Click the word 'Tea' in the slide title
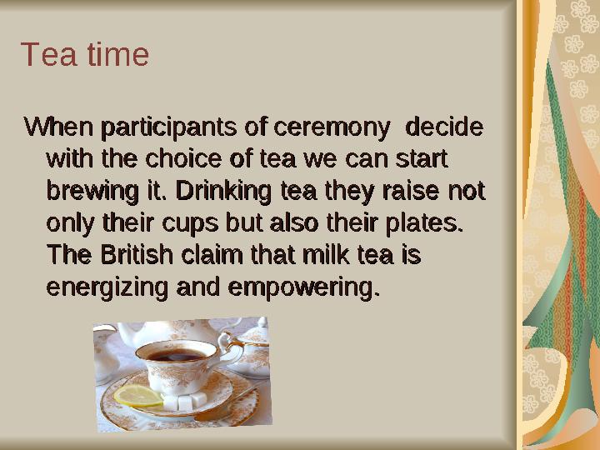tap(42, 55)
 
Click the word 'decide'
tap(442, 127)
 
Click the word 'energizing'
tap(107, 288)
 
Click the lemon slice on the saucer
tap(138, 396)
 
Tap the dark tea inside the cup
tap(177, 356)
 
